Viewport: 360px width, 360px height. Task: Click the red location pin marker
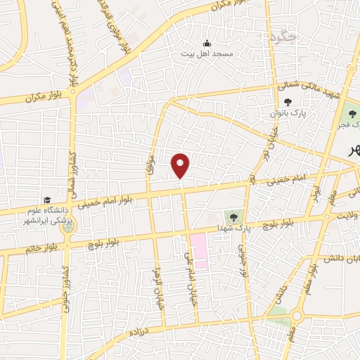(x=181, y=165)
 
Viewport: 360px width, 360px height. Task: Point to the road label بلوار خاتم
(x=41, y=248)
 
